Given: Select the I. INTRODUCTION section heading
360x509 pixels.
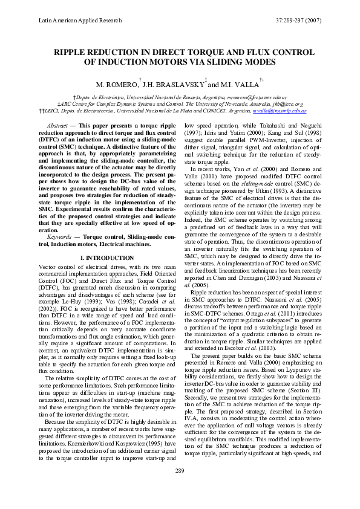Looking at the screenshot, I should (x=106, y=258).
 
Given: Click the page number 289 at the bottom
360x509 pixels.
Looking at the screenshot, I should (x=180, y=487).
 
